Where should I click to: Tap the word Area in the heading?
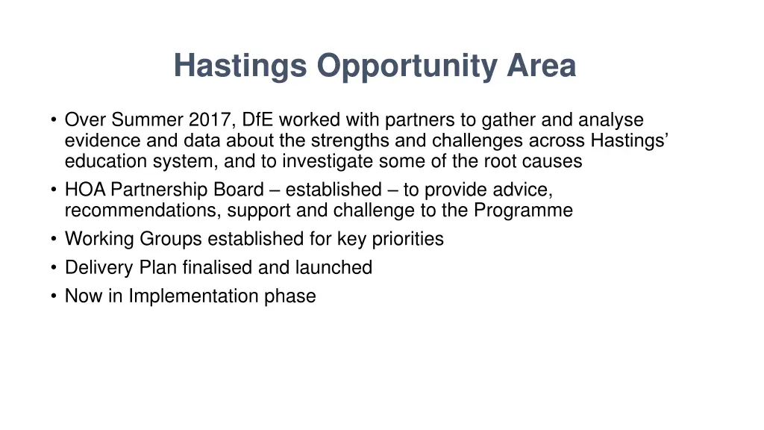[x=542, y=66]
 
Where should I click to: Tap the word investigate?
[x=335, y=161]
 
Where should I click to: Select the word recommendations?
[x=140, y=211]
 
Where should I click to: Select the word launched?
[x=333, y=267]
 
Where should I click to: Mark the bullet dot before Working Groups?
[x=54, y=239]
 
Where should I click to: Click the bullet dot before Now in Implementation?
[x=54, y=296]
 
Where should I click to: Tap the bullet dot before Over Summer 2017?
[x=54, y=119]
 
